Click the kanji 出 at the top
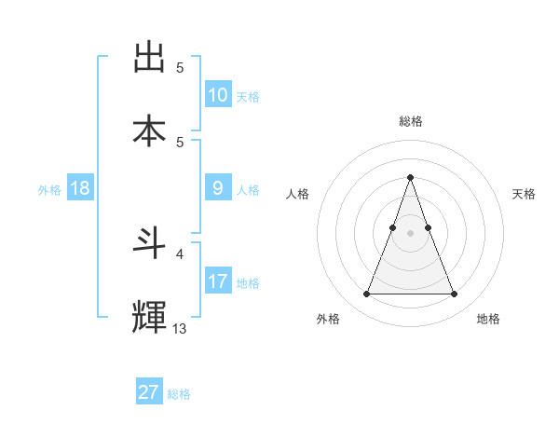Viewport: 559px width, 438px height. (149, 58)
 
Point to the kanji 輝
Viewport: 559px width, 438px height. (149, 316)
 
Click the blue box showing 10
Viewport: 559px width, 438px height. (217, 94)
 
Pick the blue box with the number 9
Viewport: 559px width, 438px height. (217, 188)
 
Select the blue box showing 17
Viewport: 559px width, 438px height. (217, 281)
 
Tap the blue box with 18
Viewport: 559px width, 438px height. (80, 188)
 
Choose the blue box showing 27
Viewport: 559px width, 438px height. (148, 392)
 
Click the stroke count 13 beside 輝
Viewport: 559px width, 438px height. (180, 328)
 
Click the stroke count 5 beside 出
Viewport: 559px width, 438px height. (180, 67)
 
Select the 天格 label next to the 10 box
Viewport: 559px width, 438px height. (248, 96)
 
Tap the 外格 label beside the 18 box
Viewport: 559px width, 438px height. (49, 190)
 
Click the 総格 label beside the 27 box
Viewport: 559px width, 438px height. (179, 394)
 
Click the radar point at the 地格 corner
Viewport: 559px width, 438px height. (454, 294)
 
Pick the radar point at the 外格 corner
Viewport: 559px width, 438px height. (366, 294)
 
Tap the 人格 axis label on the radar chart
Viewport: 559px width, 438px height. (298, 194)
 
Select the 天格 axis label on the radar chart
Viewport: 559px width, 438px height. (524, 194)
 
